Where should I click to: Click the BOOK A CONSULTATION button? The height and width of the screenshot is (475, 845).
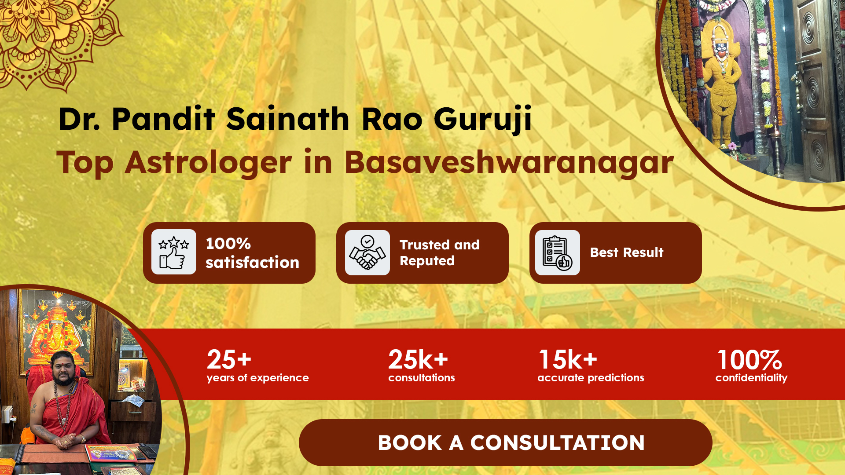(505, 442)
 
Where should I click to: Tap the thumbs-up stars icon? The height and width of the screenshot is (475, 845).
(174, 252)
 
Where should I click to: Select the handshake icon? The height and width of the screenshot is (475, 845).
(367, 252)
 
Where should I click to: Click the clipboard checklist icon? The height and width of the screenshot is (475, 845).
(558, 252)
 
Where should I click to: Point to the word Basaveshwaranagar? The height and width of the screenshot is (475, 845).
(509, 162)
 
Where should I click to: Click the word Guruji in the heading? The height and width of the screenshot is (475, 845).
(483, 119)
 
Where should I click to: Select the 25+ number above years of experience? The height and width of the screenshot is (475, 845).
(229, 359)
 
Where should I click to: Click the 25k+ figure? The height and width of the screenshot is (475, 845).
(418, 359)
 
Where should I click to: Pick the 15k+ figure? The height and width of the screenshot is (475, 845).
(568, 359)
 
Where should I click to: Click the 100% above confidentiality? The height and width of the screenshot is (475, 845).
(749, 360)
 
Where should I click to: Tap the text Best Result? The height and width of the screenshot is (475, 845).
(627, 252)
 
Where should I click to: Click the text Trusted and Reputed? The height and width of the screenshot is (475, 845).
(439, 253)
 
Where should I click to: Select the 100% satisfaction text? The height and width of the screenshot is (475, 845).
(252, 253)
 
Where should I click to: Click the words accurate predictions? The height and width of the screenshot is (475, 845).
(591, 378)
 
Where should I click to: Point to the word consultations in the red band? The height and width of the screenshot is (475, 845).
(422, 378)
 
